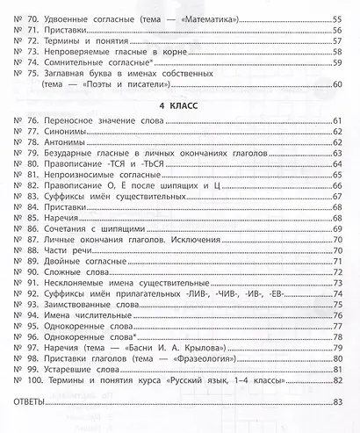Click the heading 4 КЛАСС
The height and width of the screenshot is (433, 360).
[180, 103]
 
